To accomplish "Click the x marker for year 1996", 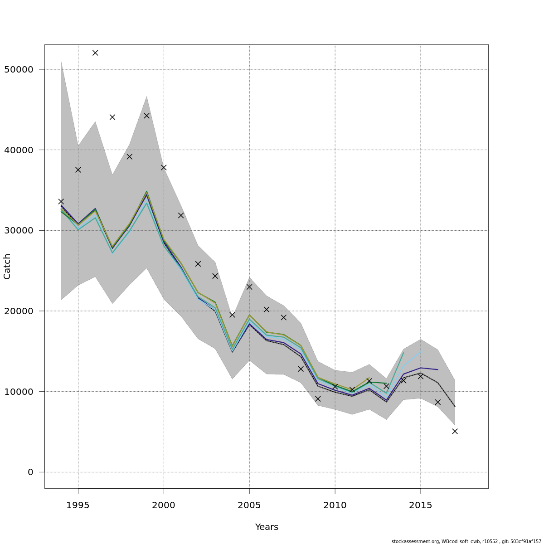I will (95, 53).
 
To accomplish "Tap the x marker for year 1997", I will (112, 117).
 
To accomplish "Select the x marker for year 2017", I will (455, 431).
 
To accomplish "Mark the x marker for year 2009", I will (318, 399).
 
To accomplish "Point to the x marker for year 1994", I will (61, 201).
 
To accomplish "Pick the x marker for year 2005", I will (249, 287).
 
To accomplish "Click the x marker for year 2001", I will (181, 215).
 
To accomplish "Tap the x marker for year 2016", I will (437, 402).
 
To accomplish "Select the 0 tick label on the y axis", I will (30, 472).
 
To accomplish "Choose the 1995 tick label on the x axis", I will (78, 505).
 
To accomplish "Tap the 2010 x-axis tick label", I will (335, 505).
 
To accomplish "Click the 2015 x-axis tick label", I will (421, 505).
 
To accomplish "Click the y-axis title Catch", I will (7, 267).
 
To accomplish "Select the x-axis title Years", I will (267, 527).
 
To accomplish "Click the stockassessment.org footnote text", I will (466, 541).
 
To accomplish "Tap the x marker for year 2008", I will (301, 369).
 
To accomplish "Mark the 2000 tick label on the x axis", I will (164, 505).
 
